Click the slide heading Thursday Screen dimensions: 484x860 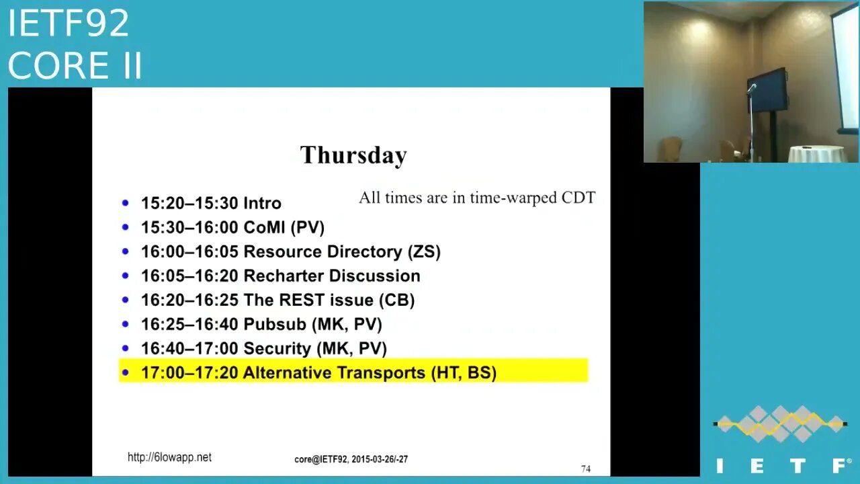coord(353,155)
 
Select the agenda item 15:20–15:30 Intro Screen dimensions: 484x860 coord(211,203)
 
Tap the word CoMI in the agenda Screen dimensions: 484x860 coord(265,227)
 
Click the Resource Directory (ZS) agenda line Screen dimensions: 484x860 coord(290,251)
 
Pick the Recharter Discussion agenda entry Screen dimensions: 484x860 coord(280,276)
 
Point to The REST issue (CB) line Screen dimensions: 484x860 coord(277,300)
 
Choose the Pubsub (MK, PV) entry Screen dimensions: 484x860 coord(261,324)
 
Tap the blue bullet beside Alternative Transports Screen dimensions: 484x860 coord(126,372)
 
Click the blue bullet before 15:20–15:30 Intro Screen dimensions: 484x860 coord(126,203)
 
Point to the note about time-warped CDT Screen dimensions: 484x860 coord(476,198)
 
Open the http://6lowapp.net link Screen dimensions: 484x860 coord(169,457)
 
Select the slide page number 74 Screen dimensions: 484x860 coord(585,469)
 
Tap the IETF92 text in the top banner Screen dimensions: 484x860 coord(68,24)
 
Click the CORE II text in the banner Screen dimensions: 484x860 coord(75,66)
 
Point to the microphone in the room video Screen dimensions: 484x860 coord(751,88)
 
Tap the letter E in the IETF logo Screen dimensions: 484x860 coord(759,465)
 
